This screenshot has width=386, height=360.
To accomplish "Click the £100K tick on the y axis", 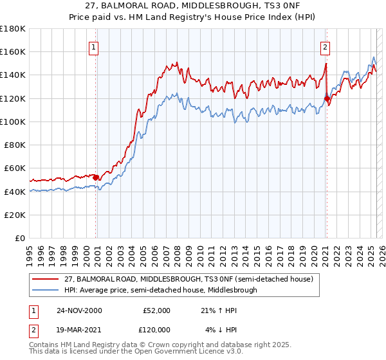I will (13, 122).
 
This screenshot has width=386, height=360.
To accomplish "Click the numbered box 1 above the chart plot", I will (94, 46).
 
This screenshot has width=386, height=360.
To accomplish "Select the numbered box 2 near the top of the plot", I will (326, 46).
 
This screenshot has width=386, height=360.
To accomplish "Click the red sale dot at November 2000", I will (96, 177).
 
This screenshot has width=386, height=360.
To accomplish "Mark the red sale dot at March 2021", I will (327, 98).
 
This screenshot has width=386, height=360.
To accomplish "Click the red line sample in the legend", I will (46, 279).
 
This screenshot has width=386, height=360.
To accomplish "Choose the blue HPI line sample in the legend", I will (46, 290).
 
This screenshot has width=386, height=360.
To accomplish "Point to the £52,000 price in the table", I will (156, 310).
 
